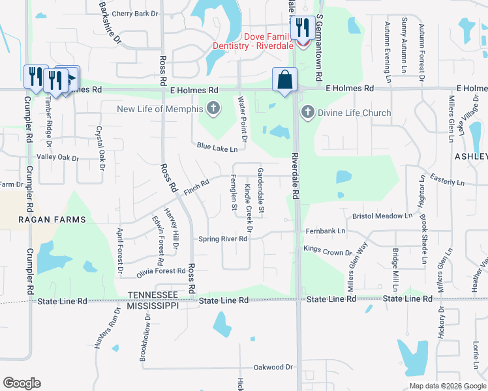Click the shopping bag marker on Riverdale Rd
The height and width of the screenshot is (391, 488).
coord(284,80)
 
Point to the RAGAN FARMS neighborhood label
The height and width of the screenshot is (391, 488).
coord(52,220)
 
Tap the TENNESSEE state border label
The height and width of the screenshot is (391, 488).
coord(153,295)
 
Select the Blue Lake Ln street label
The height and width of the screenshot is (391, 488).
coord(217,149)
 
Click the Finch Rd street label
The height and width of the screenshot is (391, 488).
coord(196,187)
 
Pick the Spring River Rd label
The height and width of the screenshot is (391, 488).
coord(223,239)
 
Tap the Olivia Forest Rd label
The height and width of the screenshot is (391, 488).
coord(161,271)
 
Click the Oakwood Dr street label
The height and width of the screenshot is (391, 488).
coord(273,368)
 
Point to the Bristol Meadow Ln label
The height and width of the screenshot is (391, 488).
coord(382,216)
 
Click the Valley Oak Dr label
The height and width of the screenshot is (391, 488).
coord(57,158)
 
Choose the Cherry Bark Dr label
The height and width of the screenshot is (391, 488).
coord(135,13)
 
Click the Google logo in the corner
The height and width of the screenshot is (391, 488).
coord(22,383)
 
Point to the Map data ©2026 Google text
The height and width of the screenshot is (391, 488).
coord(446,386)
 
